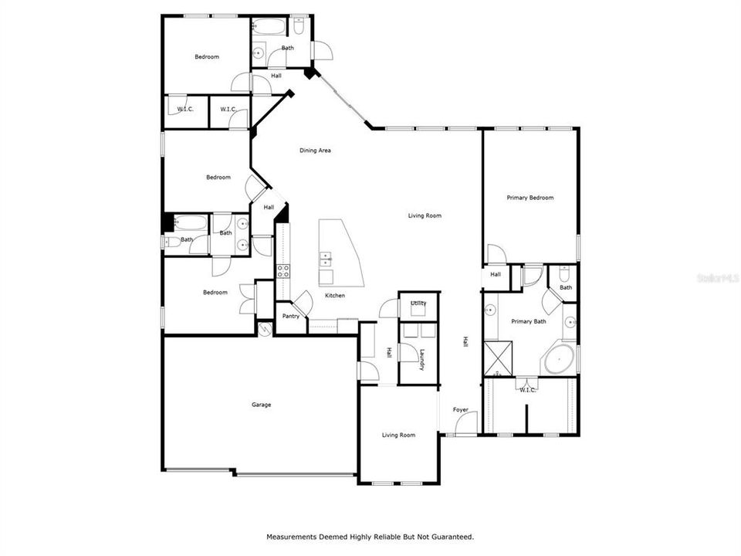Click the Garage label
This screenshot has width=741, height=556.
click(261, 405)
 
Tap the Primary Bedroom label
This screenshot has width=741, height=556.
click(530, 198)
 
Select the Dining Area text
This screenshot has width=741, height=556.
click(315, 151)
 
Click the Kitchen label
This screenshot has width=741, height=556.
click(334, 296)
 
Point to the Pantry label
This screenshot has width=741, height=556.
click(290, 316)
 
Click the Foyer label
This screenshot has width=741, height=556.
click(460, 409)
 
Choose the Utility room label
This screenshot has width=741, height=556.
click(418, 303)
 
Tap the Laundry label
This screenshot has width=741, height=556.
click(422, 360)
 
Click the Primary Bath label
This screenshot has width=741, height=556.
click(529, 321)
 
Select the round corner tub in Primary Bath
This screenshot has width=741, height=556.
click(558, 360)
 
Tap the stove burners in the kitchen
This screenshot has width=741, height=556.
click(283, 270)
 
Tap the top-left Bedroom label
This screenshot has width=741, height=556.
click(206, 56)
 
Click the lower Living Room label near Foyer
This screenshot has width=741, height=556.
click(398, 435)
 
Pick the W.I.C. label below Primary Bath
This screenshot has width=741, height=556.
click(527, 390)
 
